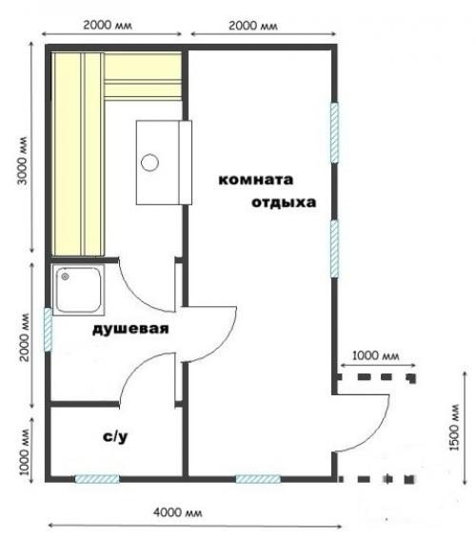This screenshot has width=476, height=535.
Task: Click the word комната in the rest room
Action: (x=256, y=180)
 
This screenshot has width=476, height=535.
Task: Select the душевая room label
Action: (x=130, y=330)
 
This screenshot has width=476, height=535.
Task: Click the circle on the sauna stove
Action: (x=149, y=162)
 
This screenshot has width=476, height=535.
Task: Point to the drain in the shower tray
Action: (x=64, y=277)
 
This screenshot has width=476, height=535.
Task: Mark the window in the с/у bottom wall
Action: (x=97, y=479)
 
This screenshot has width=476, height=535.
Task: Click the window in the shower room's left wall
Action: (x=47, y=327)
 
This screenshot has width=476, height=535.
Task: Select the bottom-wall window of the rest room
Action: (x=258, y=479)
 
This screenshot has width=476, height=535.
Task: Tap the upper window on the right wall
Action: (x=334, y=131)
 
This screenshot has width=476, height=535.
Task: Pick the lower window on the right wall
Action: (x=334, y=249)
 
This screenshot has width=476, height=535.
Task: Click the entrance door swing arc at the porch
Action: (x=377, y=418)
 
